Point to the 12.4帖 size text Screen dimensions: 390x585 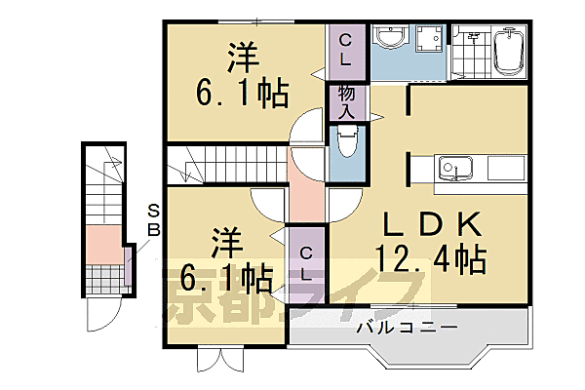pyautogui.click(x=430, y=260)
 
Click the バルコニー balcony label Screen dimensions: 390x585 pyautogui.click(x=408, y=327)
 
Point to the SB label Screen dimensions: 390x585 pyautogui.click(x=153, y=220)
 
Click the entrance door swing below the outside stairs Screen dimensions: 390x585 pyautogui.click(x=101, y=315)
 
